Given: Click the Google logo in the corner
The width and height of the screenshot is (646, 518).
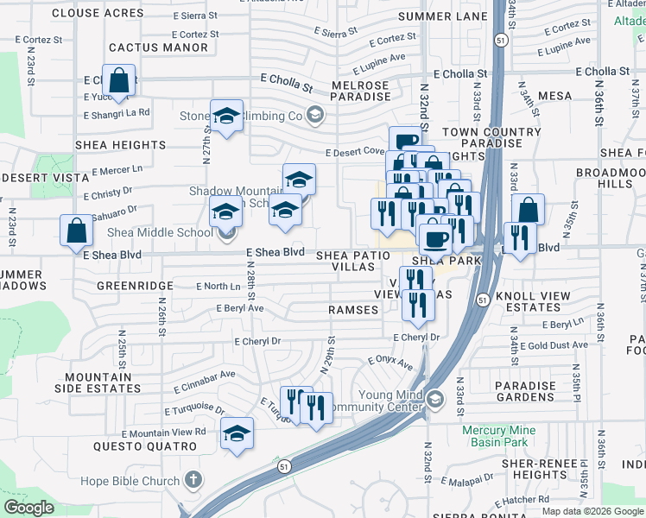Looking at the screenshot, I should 28,508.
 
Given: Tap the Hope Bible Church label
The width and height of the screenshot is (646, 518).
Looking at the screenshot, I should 130,481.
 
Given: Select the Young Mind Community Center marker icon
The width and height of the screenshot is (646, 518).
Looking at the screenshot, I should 434,398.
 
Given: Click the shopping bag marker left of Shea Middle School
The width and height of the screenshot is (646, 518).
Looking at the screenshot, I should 76,231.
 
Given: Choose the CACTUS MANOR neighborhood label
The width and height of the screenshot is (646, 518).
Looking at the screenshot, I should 159,47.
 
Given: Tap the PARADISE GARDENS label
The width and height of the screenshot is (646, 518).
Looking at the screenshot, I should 524,392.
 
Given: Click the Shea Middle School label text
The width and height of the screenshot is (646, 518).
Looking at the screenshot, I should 160,232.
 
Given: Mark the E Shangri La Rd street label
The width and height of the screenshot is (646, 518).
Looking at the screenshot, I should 117,113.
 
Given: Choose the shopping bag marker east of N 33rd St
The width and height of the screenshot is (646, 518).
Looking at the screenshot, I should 528,210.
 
